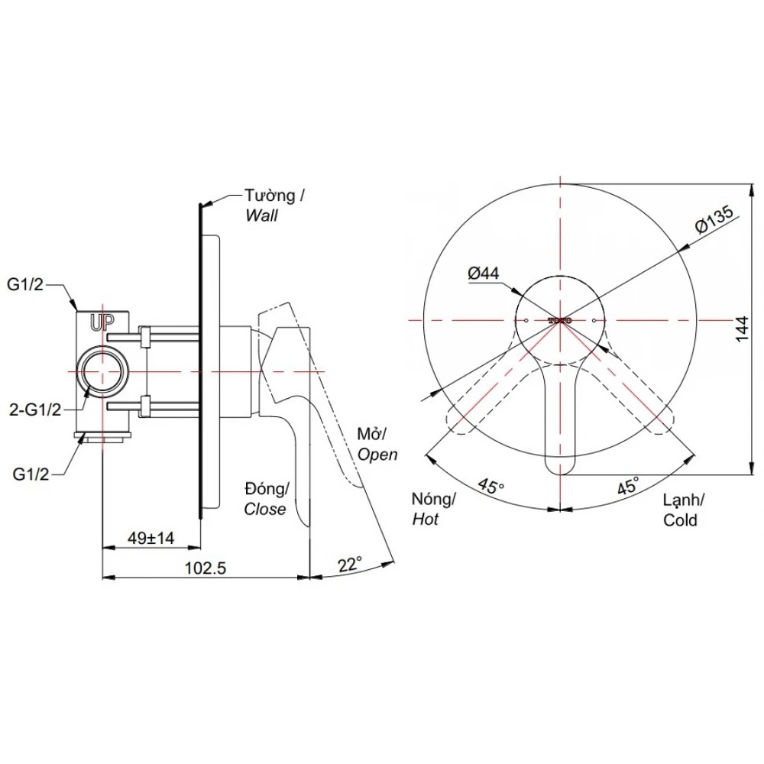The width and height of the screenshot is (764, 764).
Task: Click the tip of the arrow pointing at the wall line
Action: click(201, 205)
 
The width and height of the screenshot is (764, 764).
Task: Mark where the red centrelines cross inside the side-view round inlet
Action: click(102, 371)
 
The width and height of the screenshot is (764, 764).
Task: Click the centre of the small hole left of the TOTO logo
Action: click(526, 321)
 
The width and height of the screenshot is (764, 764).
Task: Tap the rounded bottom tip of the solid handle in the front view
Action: click(560, 474)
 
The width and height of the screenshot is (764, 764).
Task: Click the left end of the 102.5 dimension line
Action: click(102, 578)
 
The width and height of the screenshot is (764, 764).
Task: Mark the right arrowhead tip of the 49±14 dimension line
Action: click(200, 547)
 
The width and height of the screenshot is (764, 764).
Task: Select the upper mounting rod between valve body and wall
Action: click(153, 336)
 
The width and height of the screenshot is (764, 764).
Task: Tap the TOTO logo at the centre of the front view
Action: click(560, 321)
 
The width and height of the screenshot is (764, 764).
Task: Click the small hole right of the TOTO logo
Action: click(594, 321)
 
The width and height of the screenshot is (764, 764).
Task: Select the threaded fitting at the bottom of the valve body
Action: click(102, 438)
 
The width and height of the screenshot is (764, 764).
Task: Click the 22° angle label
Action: click(351, 565)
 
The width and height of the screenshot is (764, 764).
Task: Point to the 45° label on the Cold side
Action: click(628, 486)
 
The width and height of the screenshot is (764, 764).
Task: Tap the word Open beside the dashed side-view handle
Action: click(377, 455)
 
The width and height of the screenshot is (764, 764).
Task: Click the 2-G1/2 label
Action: click(35, 410)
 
